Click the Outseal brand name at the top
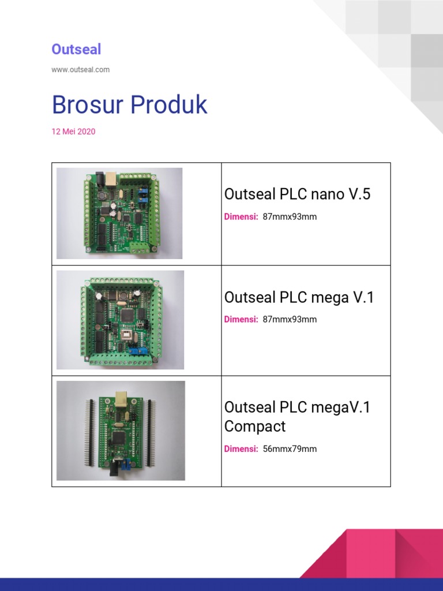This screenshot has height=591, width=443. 76,49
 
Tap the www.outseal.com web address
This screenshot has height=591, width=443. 80,69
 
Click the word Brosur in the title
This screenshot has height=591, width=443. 87,105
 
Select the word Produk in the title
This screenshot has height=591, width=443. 168,105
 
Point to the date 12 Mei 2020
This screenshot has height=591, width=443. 73,132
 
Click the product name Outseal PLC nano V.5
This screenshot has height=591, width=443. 297,194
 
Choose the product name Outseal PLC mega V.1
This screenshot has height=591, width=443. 299,297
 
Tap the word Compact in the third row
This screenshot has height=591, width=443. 255,427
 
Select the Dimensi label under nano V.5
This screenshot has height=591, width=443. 241,217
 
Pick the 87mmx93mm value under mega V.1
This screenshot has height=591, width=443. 290,319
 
